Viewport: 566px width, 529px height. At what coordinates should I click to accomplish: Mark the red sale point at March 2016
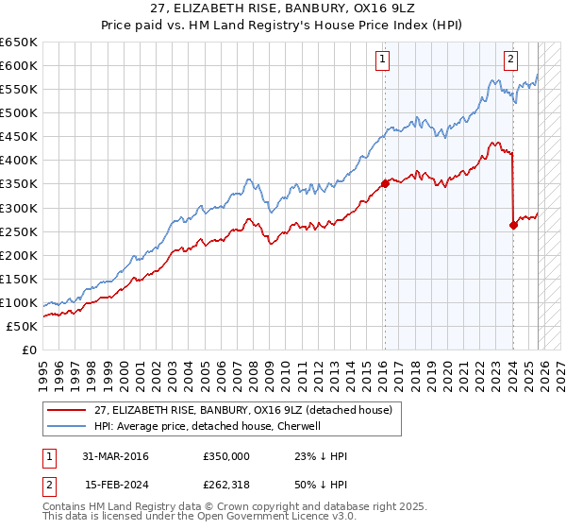click(385, 183)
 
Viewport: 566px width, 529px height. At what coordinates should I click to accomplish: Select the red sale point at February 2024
click(513, 225)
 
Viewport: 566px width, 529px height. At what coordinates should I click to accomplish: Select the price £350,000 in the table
click(226, 456)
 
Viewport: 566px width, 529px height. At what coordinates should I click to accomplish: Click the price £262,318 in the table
click(226, 486)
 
